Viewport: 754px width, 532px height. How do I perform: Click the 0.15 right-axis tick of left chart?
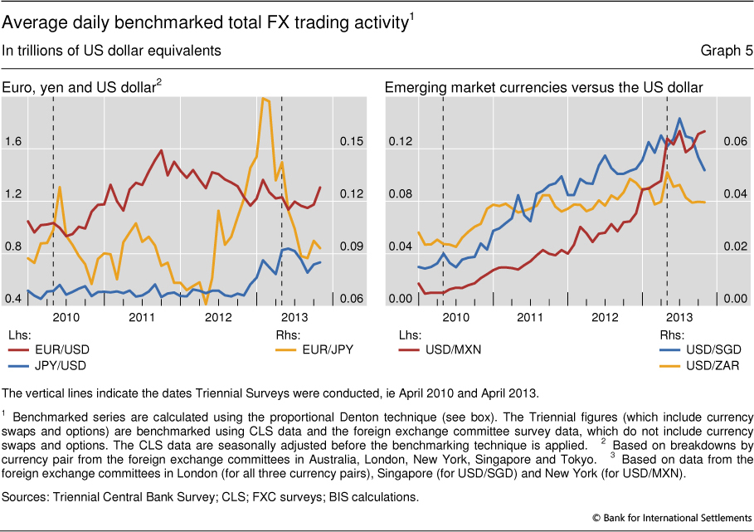[352, 142]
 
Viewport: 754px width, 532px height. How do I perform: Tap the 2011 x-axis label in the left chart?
[142, 318]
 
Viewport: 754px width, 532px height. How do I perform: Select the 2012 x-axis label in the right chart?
[605, 318]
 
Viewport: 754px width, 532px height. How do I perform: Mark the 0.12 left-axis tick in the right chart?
[401, 142]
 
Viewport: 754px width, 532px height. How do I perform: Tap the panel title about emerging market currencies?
[543, 87]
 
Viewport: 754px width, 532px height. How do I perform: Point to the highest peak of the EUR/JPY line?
[265, 99]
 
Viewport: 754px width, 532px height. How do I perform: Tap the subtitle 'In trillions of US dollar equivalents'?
[112, 51]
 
